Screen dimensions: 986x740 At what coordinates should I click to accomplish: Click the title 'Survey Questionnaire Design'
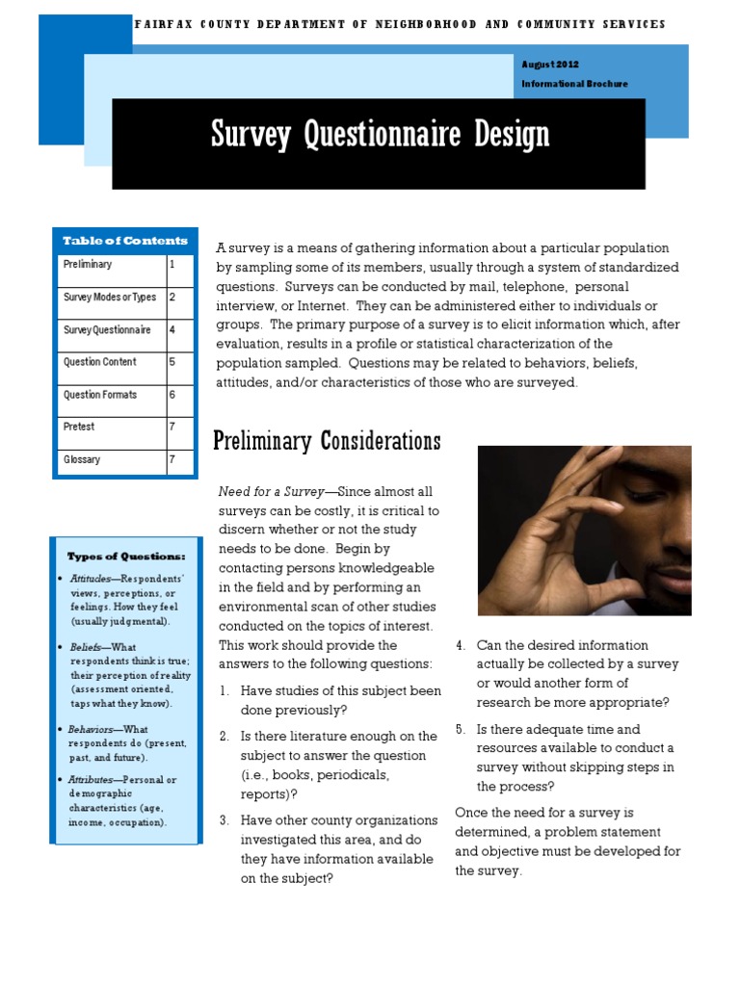click(380, 135)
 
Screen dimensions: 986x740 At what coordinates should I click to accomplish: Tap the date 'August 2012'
click(549, 64)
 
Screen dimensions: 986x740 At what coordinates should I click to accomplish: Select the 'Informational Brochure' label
click(574, 84)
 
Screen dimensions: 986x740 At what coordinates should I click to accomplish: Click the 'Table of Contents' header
click(125, 241)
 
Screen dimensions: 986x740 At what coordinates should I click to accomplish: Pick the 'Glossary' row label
click(82, 460)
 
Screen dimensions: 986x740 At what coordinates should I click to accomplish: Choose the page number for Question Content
click(172, 362)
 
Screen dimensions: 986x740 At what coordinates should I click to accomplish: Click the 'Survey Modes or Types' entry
click(110, 298)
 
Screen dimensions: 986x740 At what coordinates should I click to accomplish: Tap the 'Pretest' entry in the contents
click(79, 427)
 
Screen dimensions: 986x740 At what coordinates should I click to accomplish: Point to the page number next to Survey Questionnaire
click(172, 330)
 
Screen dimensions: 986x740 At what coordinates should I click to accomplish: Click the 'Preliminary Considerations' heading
click(327, 442)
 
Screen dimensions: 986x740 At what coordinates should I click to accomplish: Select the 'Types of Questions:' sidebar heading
click(126, 557)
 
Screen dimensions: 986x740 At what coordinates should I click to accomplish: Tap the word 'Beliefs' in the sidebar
click(86, 648)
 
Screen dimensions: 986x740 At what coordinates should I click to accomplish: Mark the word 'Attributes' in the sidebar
click(92, 780)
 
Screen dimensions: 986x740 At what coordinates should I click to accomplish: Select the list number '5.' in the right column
click(460, 730)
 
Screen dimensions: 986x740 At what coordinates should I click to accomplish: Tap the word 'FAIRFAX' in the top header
click(162, 24)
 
